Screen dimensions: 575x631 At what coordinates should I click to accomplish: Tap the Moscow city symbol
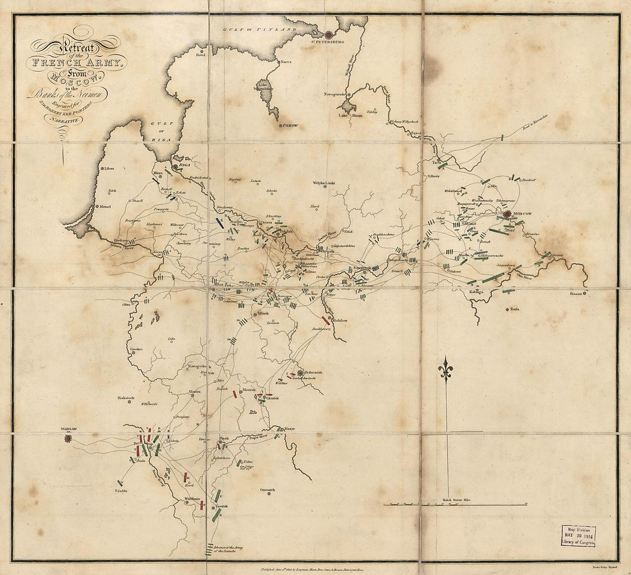(x=507, y=215)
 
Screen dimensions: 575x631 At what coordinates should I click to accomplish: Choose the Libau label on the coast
(x=110, y=169)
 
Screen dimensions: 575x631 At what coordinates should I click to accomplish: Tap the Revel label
(x=200, y=55)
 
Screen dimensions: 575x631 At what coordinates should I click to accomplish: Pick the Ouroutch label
(x=267, y=489)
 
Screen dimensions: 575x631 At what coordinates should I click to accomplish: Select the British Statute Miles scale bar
(x=455, y=504)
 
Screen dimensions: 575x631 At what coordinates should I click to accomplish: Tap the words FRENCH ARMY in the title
(x=81, y=63)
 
